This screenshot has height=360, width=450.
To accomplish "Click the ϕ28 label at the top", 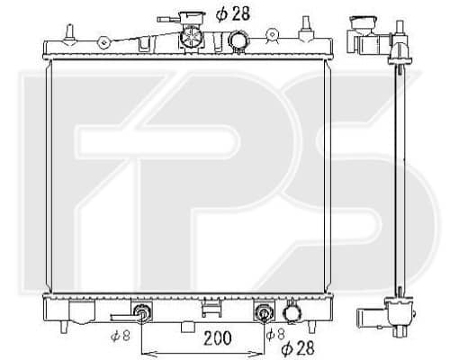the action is pyautogui.click(x=232, y=13).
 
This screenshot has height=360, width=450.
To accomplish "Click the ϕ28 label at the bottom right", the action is pyautogui.click(x=298, y=347).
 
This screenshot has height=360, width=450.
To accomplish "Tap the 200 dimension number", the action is pyautogui.click(x=218, y=338).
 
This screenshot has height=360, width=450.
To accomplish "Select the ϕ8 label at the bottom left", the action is pyautogui.click(x=120, y=336).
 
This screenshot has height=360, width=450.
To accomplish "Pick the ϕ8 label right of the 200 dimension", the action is pyautogui.click(x=275, y=334).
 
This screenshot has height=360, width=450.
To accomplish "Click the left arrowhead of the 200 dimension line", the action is pyautogui.click(x=145, y=353).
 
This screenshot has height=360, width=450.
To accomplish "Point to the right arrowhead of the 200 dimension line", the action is pyautogui.click(x=260, y=353).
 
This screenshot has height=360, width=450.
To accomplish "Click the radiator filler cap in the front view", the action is pyautogui.click(x=192, y=38).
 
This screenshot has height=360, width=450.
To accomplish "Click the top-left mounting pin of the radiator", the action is pyautogui.click(x=69, y=34).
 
